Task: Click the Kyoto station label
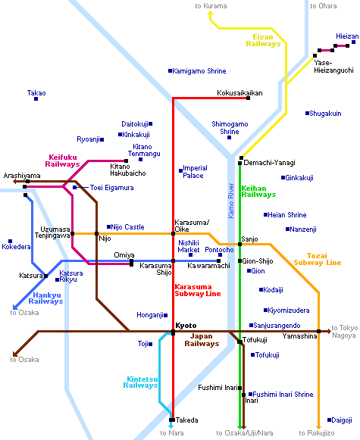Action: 186,326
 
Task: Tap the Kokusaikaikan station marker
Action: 248,98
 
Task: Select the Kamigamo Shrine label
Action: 199,71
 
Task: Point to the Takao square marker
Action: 36,98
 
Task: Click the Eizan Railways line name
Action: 263,40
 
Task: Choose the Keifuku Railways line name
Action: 62,161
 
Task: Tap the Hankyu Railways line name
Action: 45,298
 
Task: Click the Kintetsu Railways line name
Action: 140,382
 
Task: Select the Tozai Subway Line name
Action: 318,259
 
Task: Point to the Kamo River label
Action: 231,201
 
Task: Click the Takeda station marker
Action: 172,420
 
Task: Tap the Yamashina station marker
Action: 318,332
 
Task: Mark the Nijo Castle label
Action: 127,227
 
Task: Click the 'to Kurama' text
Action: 211,6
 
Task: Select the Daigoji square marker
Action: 329,420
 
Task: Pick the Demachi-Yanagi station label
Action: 270,163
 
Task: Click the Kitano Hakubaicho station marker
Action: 126,161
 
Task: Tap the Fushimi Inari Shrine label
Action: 283,395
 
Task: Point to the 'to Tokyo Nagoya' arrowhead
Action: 329,332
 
